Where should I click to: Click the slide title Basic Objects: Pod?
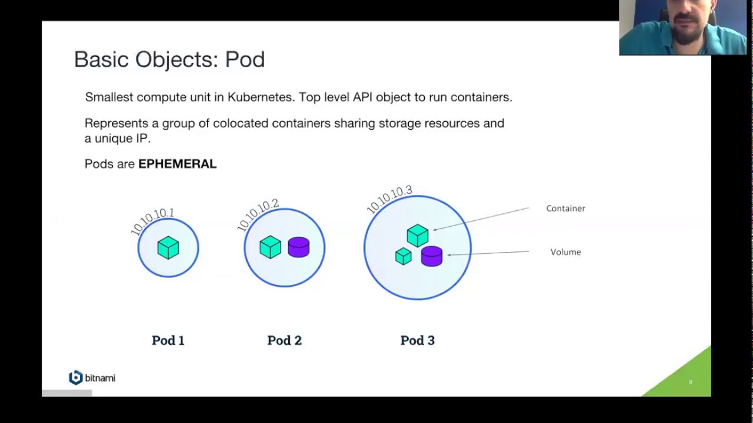pyautogui.click(x=169, y=59)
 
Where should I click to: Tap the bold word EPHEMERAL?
pyautogui.click(x=177, y=164)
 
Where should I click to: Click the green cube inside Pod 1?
pyautogui.click(x=168, y=247)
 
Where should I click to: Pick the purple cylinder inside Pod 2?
pyautogui.click(x=299, y=247)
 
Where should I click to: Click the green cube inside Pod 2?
pyautogui.click(x=270, y=247)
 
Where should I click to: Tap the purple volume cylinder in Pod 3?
pyautogui.click(x=431, y=256)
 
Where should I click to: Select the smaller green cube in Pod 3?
pyautogui.click(x=403, y=256)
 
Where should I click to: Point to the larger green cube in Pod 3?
pyautogui.click(x=418, y=235)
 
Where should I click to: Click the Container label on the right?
pyautogui.click(x=565, y=208)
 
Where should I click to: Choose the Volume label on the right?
pyautogui.click(x=565, y=252)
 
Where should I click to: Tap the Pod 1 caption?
pyautogui.click(x=168, y=340)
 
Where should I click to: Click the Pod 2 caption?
pyautogui.click(x=284, y=340)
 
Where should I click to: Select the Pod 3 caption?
pyautogui.click(x=417, y=340)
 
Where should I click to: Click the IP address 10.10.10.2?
pyautogui.click(x=258, y=214)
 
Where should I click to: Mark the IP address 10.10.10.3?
pyautogui.click(x=389, y=199)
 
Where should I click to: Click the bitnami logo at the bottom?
pyautogui.click(x=92, y=378)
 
